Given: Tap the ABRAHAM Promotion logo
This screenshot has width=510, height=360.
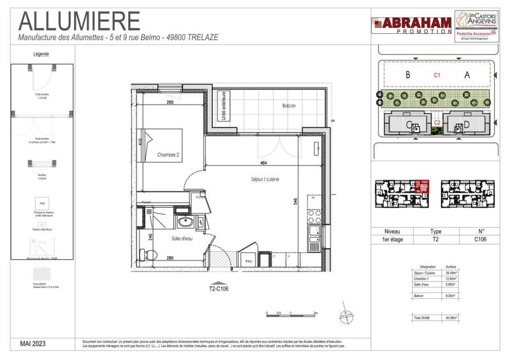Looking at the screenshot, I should tap(411, 25).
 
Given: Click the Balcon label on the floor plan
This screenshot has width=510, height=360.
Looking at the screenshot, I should tap(288, 106).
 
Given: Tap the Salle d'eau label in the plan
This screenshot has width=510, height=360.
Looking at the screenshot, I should tap(182, 238).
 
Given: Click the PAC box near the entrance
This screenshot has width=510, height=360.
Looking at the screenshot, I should tap(246, 261).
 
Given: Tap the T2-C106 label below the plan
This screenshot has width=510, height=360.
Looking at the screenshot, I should tap(218, 288).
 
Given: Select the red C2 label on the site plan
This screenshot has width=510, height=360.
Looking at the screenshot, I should tap(437, 122).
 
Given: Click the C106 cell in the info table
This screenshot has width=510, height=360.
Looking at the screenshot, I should tap(480, 240).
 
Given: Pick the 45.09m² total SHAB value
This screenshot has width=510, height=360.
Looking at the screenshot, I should tap(450, 317).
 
